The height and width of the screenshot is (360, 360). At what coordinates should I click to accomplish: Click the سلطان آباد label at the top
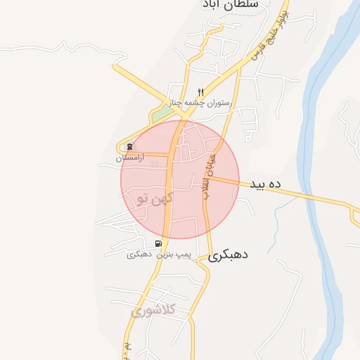228,4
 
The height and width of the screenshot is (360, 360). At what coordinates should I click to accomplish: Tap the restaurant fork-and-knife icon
200,92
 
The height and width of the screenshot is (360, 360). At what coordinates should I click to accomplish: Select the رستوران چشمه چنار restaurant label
205,103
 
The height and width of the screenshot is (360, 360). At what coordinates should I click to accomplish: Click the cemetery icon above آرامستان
129,147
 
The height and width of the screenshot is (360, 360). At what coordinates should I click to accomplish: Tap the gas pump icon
157,243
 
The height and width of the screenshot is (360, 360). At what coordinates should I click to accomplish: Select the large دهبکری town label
229,257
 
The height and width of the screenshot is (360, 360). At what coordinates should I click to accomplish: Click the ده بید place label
264,184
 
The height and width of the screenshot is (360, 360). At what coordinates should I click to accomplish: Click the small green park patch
162,112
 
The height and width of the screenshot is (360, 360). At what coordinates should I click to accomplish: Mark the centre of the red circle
180,179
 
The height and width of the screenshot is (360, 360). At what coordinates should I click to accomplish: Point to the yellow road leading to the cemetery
151,154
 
